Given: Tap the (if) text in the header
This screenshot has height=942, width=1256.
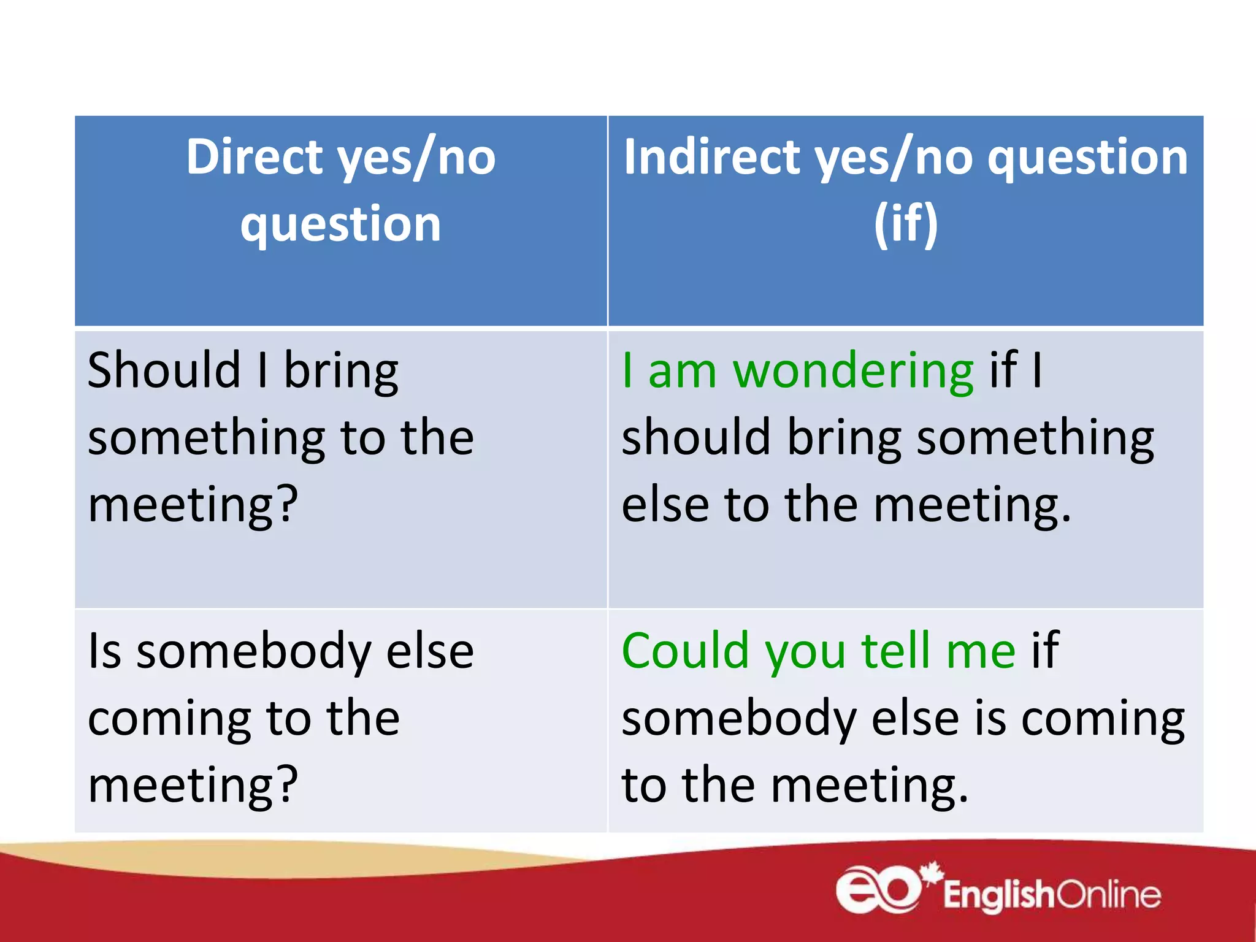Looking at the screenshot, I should (x=906, y=223).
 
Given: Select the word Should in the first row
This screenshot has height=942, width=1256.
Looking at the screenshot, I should (x=164, y=370).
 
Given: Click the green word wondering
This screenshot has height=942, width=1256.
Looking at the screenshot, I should (x=853, y=372).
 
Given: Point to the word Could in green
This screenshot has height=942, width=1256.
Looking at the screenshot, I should (x=685, y=651).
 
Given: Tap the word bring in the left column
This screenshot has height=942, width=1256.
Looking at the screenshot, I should (x=341, y=372).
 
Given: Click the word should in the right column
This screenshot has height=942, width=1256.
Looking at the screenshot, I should (x=695, y=438).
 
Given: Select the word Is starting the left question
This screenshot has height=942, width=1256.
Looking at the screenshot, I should (x=104, y=651).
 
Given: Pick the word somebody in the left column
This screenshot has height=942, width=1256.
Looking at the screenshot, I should (x=253, y=651).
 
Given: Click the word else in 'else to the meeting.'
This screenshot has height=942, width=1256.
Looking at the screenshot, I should (x=665, y=504).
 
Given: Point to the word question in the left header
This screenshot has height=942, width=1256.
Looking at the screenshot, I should (x=340, y=224).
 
